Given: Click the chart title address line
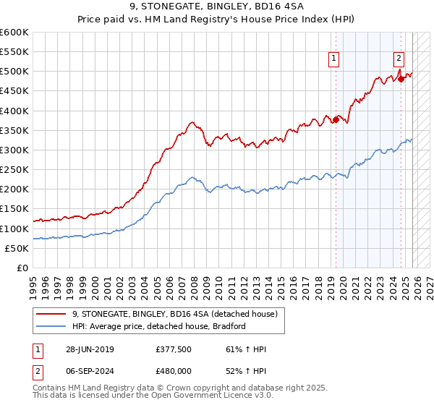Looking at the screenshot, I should pyautogui.click(x=217, y=9).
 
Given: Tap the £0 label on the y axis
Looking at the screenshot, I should pyautogui.click(x=22, y=268).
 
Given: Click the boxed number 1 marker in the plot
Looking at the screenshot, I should pyautogui.click(x=334, y=59).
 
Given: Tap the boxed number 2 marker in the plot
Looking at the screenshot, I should pyautogui.click(x=399, y=59).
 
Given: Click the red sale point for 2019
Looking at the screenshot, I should pyautogui.click(x=336, y=120).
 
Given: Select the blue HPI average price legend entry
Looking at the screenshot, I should pyautogui.click(x=159, y=326).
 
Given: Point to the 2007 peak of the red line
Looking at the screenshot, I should pyautogui.click(x=190, y=122).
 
